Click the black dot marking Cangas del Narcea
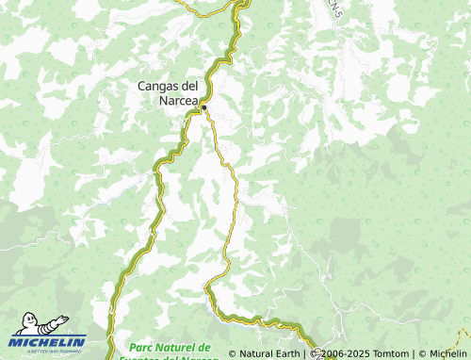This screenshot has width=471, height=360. [203, 108]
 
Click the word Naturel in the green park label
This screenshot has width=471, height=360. [181, 348]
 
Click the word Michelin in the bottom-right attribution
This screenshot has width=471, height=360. [447, 354]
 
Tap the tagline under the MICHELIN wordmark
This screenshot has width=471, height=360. [49, 351]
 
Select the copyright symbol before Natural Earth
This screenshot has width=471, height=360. [232, 354]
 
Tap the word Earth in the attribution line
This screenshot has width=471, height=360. [284, 354]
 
